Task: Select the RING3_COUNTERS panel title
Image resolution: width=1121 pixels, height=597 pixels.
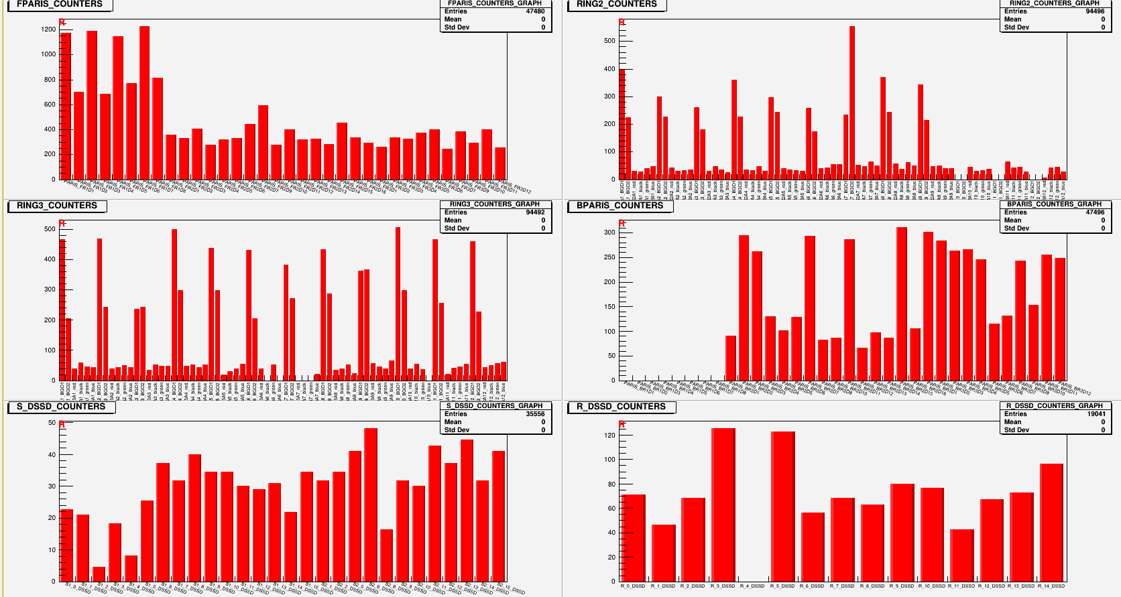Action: pyautogui.click(x=57, y=206)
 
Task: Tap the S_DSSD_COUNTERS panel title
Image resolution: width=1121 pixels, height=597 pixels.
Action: pyautogui.click(x=61, y=407)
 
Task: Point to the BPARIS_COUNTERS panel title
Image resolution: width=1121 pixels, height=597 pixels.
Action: pyautogui.click(x=619, y=206)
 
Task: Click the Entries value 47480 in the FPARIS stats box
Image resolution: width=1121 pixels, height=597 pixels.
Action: pyautogui.click(x=535, y=11)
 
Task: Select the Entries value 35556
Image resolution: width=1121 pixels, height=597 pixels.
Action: pyautogui.click(x=535, y=414)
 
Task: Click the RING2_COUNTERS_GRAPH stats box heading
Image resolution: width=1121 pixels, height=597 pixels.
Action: pyautogui.click(x=1054, y=3)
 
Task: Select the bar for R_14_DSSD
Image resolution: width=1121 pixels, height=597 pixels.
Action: pyautogui.click(x=1051, y=522)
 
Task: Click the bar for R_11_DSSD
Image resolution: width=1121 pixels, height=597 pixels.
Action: pyautogui.click(x=961, y=555)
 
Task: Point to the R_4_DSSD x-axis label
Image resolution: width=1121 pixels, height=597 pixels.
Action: pyautogui.click(x=752, y=586)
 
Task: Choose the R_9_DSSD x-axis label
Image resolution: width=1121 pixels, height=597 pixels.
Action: pyautogui.click(x=902, y=586)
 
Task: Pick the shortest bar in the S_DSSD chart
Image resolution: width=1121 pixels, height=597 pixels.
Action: pyautogui.click(x=99, y=574)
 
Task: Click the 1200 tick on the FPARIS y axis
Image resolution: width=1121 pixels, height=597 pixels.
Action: pyautogui.click(x=48, y=29)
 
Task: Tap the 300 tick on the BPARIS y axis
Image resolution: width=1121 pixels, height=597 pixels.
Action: pyautogui.click(x=609, y=233)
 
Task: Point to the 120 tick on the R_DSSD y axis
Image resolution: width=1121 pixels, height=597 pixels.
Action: pyautogui.click(x=609, y=436)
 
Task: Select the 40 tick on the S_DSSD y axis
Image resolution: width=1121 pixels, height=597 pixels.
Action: pyautogui.click(x=52, y=455)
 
